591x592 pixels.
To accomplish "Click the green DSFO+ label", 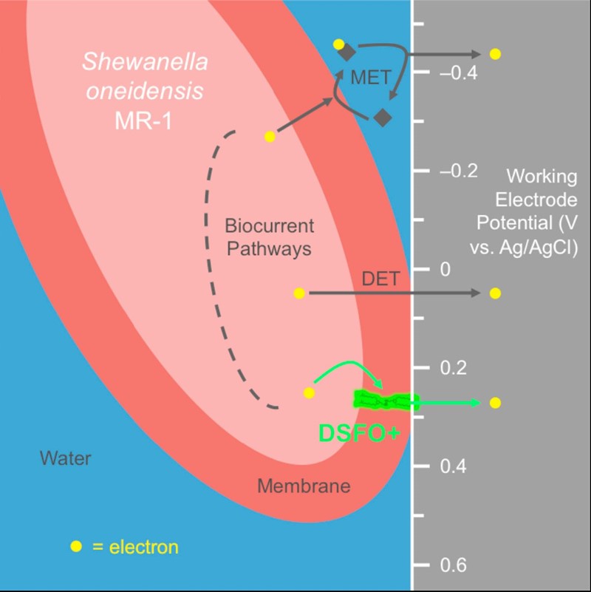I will (361, 433).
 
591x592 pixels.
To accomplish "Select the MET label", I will (370, 77).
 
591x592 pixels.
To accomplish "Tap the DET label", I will (380, 279).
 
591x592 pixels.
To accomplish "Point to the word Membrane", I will (304, 486).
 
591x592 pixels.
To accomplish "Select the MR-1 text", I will (145, 120).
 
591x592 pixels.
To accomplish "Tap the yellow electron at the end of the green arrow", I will (495, 402).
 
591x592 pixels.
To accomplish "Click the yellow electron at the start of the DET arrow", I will (299, 293).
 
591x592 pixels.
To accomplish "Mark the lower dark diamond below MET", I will (382, 117).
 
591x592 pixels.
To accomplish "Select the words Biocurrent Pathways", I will (269, 237).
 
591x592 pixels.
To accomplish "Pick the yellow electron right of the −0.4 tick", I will (495, 54).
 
